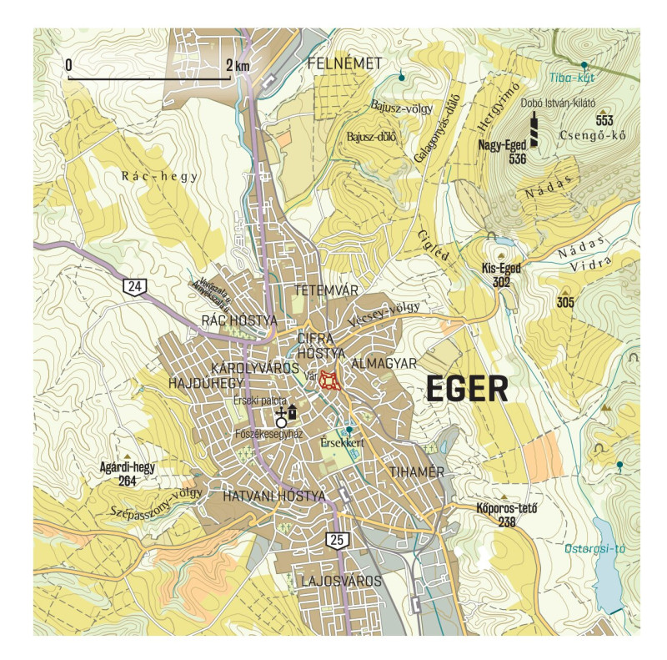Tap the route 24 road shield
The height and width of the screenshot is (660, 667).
133,287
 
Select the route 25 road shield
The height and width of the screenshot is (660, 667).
336,540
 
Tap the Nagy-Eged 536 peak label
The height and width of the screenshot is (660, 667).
503,151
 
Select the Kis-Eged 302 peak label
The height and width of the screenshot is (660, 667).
501,275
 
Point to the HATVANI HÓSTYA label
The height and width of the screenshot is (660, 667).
273,496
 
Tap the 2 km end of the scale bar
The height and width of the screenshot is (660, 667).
230,78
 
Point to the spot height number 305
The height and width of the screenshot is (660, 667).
566,301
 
